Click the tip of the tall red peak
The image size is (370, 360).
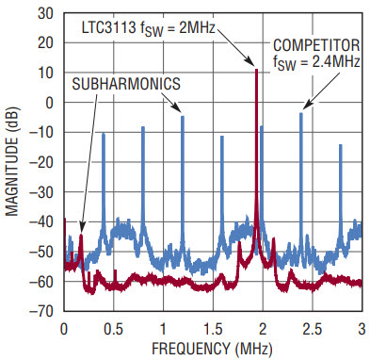coord(256,69)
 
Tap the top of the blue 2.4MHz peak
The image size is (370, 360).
coord(301,113)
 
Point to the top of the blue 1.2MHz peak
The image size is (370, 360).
coord(183,116)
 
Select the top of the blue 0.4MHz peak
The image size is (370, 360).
coord(104,134)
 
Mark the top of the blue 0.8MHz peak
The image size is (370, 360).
coord(143,126)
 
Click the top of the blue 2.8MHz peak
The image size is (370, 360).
coord(341,144)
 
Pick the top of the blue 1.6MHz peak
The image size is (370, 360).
coord(222,136)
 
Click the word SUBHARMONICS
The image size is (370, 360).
coord(126,84)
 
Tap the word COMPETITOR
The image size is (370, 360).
coord(316,45)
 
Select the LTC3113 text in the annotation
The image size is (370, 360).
coord(108,28)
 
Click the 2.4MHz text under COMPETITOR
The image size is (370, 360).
coord(336,62)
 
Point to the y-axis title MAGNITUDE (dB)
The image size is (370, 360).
coord(12,162)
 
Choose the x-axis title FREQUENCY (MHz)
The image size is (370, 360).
coord(212,349)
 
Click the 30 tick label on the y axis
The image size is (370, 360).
coord(45,13)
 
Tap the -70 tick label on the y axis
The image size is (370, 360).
coord(41,311)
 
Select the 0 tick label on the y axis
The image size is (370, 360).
coord(50,103)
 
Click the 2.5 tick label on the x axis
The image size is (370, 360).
coord(313,329)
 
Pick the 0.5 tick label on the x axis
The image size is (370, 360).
coord(114,329)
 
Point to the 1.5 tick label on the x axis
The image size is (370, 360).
coord(213,329)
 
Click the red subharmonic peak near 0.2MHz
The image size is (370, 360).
coord(81,235)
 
